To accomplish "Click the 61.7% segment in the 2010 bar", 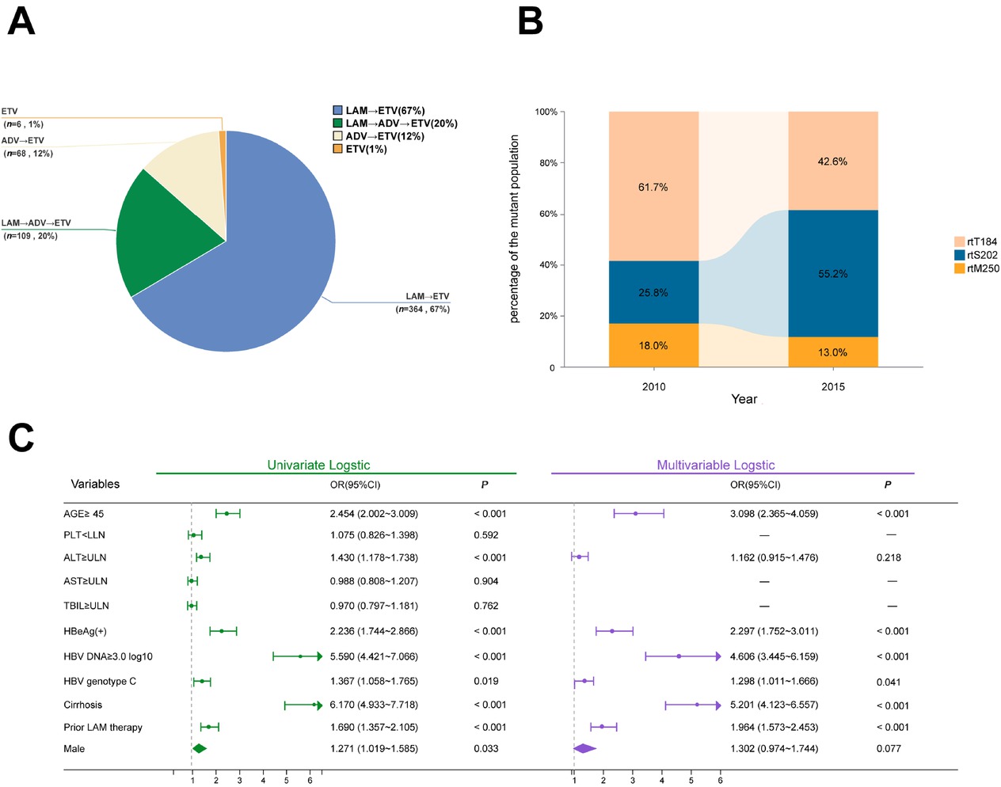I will (x=653, y=187).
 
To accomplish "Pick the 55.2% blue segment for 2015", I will (x=832, y=273).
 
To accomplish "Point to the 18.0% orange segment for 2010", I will (x=653, y=345).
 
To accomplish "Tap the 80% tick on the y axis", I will (x=548, y=163).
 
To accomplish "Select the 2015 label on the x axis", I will (x=832, y=386).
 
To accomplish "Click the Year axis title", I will (x=744, y=399).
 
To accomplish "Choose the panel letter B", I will (x=530, y=21).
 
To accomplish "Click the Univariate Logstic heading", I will (x=318, y=465).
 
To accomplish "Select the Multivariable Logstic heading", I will (x=715, y=465).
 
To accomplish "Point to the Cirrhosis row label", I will (x=83, y=705).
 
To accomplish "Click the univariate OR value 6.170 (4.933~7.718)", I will (x=374, y=705).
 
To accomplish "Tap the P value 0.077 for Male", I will (x=889, y=748).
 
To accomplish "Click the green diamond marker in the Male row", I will (x=199, y=748).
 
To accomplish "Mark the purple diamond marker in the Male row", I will (x=584, y=748).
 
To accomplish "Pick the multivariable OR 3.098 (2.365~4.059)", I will (x=774, y=514).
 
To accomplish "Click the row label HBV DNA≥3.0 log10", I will (x=108, y=656).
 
